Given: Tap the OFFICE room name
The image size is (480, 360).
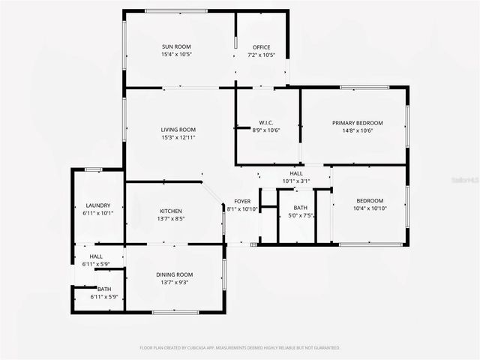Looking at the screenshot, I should [262, 47].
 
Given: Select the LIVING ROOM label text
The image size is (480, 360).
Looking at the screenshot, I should [178, 130].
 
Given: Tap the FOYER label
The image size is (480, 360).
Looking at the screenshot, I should [242, 202].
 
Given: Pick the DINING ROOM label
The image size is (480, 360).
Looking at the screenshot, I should [175, 274].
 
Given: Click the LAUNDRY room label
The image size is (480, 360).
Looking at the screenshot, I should [98, 205].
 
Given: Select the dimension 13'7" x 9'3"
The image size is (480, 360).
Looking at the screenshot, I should [175, 282].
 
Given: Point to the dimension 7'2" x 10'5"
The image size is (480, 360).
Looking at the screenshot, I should [262, 55].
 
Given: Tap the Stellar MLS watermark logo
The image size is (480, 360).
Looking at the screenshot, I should [466, 181].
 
